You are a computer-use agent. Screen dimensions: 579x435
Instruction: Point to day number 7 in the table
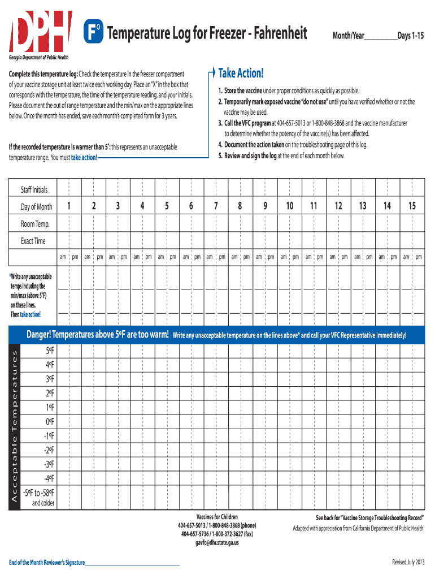point(216,206)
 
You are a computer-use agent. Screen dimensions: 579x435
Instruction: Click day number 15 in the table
point(412,206)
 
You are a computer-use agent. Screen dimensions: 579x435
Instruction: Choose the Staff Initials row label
point(34,189)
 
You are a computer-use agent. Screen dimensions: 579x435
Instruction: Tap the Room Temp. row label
point(35,224)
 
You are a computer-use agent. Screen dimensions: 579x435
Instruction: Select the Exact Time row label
point(33,241)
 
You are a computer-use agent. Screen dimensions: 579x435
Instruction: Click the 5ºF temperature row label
point(50,351)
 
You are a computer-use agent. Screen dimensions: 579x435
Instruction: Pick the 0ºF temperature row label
point(50,421)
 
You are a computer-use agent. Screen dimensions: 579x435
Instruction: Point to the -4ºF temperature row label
point(49,478)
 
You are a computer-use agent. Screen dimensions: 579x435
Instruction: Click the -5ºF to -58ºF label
point(43,492)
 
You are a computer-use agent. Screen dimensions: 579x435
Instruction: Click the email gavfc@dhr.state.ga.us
point(217,542)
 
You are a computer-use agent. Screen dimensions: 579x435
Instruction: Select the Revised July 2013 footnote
point(407,561)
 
